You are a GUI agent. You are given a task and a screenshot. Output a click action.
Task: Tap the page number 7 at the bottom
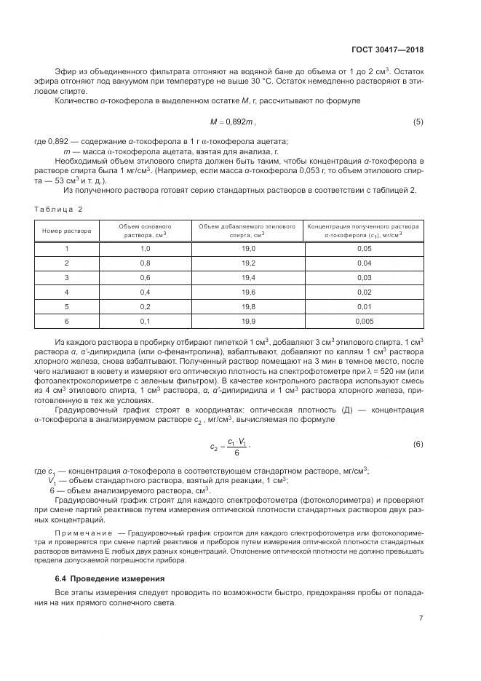pyautogui.click(x=421, y=618)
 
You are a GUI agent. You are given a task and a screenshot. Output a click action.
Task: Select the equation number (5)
pyautogui.click(x=418, y=122)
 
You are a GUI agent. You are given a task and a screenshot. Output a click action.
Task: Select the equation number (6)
pyautogui.click(x=418, y=443)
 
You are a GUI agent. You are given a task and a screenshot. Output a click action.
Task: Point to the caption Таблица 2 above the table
pyautogui.click(x=59, y=209)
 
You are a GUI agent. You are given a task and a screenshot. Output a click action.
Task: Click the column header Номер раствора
pyautogui.click(x=67, y=231)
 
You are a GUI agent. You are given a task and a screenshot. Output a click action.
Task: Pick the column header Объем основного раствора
pyautogui.click(x=145, y=231)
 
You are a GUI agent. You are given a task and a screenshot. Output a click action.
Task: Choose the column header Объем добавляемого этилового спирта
pyautogui.click(x=247, y=231)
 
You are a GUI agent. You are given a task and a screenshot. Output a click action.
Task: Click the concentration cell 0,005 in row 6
pyautogui.click(x=364, y=320)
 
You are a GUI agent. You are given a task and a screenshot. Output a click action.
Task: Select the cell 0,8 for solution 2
pyautogui.click(x=145, y=263)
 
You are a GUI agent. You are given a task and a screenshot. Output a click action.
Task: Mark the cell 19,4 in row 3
pyautogui.click(x=247, y=277)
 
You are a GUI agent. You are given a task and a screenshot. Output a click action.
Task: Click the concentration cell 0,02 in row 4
pyautogui.click(x=364, y=292)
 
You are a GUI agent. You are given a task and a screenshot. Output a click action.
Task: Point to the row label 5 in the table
pyautogui.click(x=67, y=306)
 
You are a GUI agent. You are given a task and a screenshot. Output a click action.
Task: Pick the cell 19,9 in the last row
pyautogui.click(x=247, y=320)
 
